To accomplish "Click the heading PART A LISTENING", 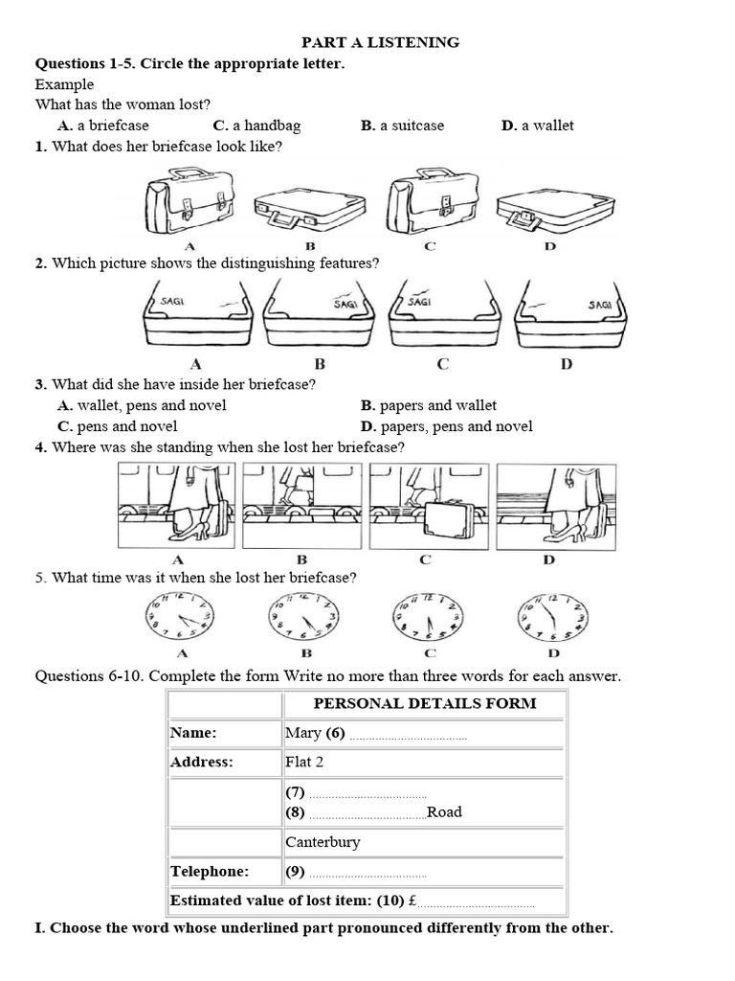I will [381, 42].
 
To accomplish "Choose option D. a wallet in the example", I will [537, 125].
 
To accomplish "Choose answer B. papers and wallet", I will [429, 405].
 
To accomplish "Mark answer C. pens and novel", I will [117, 426].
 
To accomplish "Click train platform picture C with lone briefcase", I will [429, 505].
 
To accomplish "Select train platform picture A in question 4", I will [177, 505].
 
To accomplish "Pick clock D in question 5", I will [552, 616].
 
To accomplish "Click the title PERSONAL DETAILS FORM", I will [425, 703].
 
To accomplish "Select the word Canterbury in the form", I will [323, 842].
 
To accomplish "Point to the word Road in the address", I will [444, 812].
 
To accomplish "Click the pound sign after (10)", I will [412, 901].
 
